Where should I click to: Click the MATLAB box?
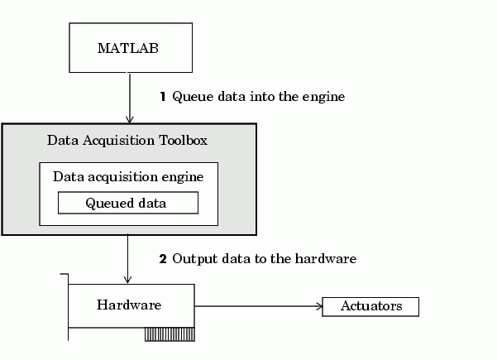coord(128,47)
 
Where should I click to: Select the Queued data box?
coord(127,203)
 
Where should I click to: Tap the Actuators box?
coord(370,306)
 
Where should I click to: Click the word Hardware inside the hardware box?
coord(129,305)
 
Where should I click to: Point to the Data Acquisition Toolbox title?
coord(127,140)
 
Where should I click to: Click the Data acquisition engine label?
coord(128,176)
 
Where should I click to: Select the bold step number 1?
coord(163,97)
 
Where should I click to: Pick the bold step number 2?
coord(163,259)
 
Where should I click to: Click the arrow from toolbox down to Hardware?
coord(128,259)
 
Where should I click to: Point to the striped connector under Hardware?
coord(169,334)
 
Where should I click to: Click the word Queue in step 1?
coord(191,97)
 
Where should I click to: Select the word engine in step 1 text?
coord(324,98)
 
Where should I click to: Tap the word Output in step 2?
coord(194,259)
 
